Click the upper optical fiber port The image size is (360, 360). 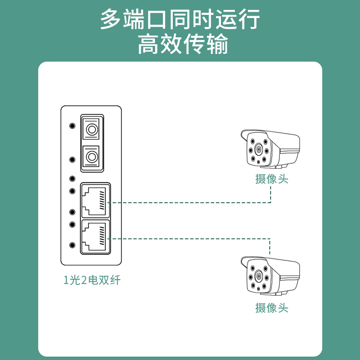(92, 129)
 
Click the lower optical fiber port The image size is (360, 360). (92, 157)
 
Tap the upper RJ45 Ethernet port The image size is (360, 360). (95, 200)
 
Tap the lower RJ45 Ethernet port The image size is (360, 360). (95, 237)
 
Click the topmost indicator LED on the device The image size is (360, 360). (72, 126)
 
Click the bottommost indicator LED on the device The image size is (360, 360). (72, 245)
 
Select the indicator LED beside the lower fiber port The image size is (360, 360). (72, 160)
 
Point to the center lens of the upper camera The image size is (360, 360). (259, 149)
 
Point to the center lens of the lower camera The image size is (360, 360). (259, 276)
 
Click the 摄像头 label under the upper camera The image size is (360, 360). (272, 179)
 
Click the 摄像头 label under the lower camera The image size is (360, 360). (272, 308)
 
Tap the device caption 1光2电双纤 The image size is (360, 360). (92, 280)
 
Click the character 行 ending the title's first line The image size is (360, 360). (249, 19)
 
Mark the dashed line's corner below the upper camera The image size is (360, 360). (271, 202)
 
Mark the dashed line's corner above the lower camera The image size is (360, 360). (270, 239)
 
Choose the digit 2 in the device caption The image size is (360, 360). (84, 280)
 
